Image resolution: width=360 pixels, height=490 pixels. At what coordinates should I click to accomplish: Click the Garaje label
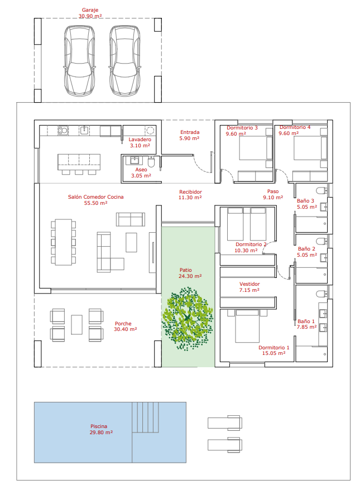pyautogui.click(x=90, y=10)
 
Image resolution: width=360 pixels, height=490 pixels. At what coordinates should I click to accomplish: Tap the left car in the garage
pyautogui.click(x=79, y=60)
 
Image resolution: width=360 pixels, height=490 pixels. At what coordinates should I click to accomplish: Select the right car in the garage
pyautogui.click(x=124, y=60)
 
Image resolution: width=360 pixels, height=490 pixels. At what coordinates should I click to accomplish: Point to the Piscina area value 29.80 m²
pyautogui.click(x=101, y=433)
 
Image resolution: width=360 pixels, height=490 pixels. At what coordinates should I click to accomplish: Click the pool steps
pyautogui.click(x=145, y=417)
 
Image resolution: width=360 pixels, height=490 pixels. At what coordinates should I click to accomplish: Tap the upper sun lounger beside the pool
pyautogui.click(x=225, y=422)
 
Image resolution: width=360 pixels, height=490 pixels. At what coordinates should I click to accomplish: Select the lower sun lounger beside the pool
pyautogui.click(x=225, y=445)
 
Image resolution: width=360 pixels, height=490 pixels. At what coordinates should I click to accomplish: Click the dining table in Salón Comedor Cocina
pyautogui.click(x=64, y=242)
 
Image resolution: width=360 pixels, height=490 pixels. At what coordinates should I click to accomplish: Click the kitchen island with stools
pyautogui.click(x=79, y=164)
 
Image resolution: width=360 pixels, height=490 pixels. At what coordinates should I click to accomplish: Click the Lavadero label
pyautogui.click(x=140, y=140)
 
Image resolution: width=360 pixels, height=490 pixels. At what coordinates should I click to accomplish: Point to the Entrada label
pyautogui.click(x=190, y=132)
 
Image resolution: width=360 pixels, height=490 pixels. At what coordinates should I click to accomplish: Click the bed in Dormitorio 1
pyautogui.click(x=247, y=326)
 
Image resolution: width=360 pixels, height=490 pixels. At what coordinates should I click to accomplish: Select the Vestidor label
pyautogui.click(x=249, y=284)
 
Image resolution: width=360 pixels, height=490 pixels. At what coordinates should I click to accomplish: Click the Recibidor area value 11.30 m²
pyautogui.click(x=190, y=198)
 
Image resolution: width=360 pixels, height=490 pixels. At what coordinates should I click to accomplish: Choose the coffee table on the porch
pyautogui.click(x=77, y=325)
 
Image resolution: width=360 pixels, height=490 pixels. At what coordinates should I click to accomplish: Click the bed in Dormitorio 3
pyautogui.click(x=256, y=147)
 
